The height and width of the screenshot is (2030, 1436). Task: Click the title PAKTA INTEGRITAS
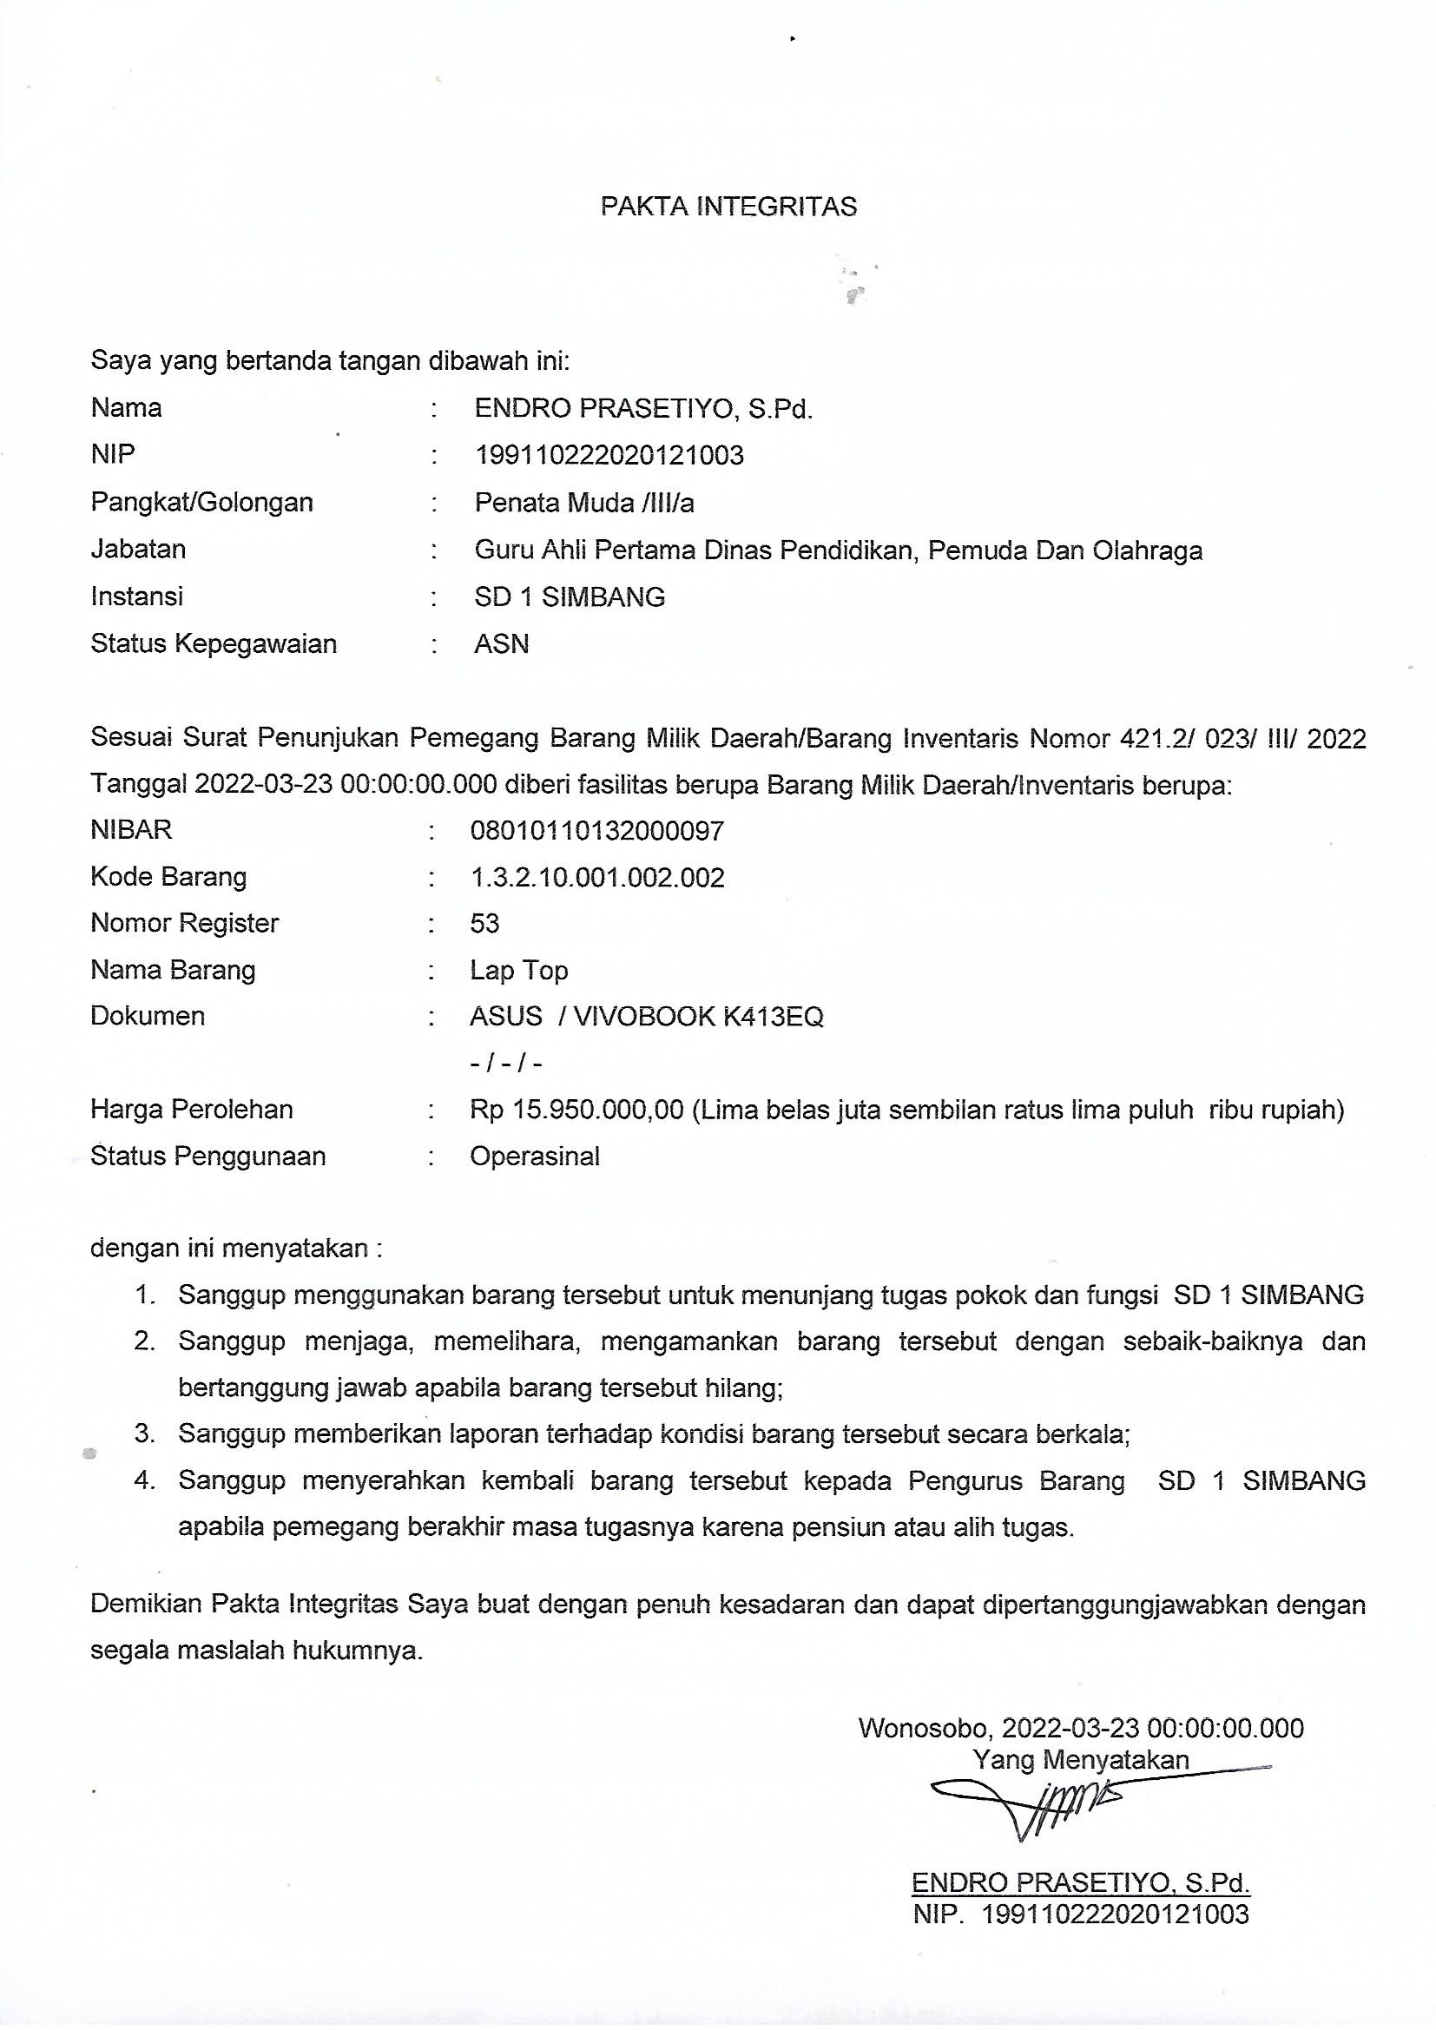728,206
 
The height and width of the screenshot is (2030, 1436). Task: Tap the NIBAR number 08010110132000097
596,830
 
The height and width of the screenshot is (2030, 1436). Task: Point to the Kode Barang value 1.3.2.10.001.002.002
596,877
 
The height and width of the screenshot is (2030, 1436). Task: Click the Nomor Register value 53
484,924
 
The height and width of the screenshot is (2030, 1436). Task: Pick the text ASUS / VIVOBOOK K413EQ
647,1017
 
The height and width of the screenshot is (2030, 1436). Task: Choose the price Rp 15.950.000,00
576,1110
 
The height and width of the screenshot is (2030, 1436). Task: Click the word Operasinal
534,1157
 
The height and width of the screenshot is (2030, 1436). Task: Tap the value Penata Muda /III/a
583,503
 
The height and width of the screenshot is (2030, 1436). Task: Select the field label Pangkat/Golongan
201,502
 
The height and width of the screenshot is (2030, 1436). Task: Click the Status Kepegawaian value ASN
501,643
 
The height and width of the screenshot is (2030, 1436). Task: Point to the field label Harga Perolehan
191,1110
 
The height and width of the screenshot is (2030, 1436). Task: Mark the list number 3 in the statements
144,1434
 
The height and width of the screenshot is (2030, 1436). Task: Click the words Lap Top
518,971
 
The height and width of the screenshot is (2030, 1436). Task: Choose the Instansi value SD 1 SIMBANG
570,596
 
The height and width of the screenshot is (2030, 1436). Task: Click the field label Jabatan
138,549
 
